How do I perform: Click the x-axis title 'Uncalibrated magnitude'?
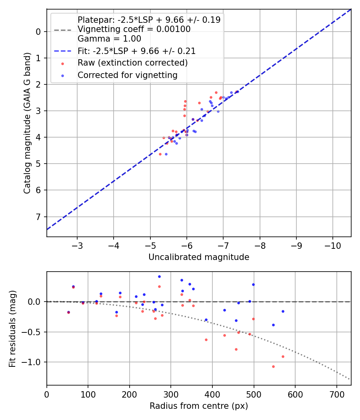tap(199, 257)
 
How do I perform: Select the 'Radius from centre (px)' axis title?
tap(199, 406)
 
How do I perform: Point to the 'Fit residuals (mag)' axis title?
tap(12, 328)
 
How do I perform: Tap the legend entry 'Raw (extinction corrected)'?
tap(132, 63)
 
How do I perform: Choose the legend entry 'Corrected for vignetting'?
tap(128, 75)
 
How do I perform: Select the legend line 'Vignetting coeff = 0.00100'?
tap(134, 29)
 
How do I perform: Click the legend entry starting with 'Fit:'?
tap(136, 51)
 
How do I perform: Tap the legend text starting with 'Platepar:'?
tap(149, 20)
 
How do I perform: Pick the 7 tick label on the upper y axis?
tap(38, 217)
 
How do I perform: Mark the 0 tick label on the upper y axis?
tap(38, 32)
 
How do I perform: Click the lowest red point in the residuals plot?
tap(274, 366)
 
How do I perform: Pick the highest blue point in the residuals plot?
tap(159, 276)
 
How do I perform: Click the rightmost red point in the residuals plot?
tap(283, 356)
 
